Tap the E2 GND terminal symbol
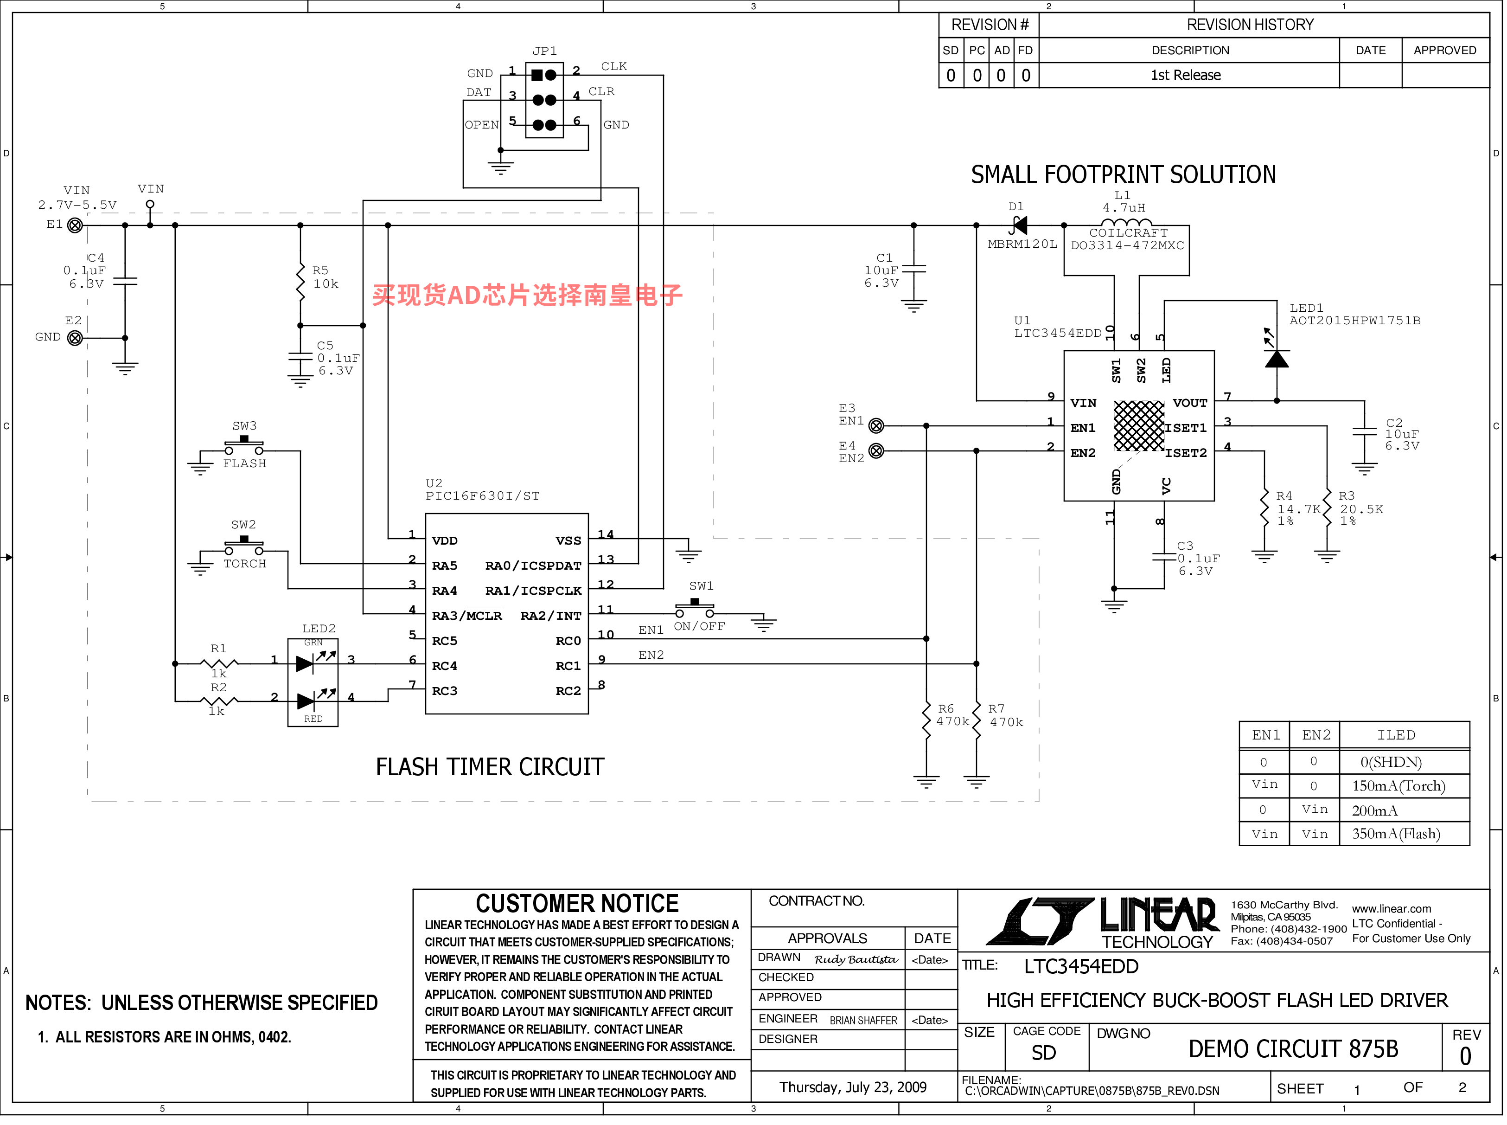75,338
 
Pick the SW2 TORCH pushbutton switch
244,547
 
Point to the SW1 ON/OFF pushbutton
694,609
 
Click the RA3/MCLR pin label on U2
467,616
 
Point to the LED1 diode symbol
1276,354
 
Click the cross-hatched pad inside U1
1139,425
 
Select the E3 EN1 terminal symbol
877,426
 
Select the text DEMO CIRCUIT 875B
1293,1049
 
